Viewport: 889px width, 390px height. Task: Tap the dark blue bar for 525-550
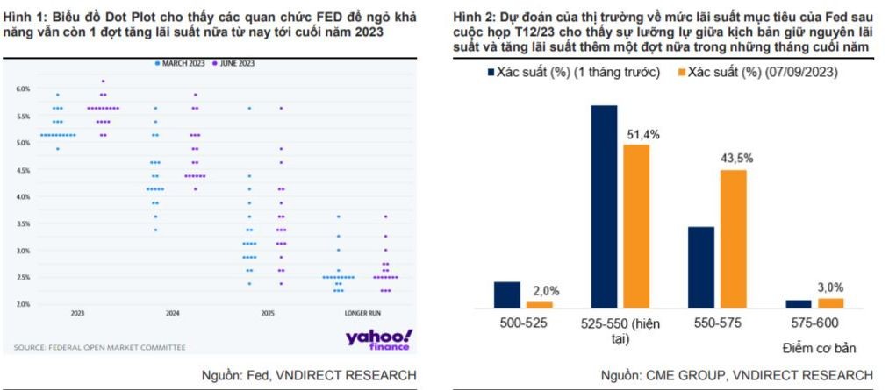(604, 207)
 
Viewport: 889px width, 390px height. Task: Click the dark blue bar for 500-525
(507, 294)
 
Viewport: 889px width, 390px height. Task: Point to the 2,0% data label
(544, 291)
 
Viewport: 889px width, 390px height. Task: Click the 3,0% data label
(831, 287)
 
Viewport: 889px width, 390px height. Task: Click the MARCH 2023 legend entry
(180, 64)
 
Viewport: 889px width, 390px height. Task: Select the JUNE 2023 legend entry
(233, 64)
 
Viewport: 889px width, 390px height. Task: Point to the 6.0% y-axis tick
(23, 89)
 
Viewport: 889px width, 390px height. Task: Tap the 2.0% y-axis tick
(23, 304)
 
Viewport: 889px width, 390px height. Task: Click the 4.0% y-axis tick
(23, 196)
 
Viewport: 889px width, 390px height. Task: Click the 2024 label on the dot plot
(173, 314)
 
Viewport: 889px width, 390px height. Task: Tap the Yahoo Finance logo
(377, 339)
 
